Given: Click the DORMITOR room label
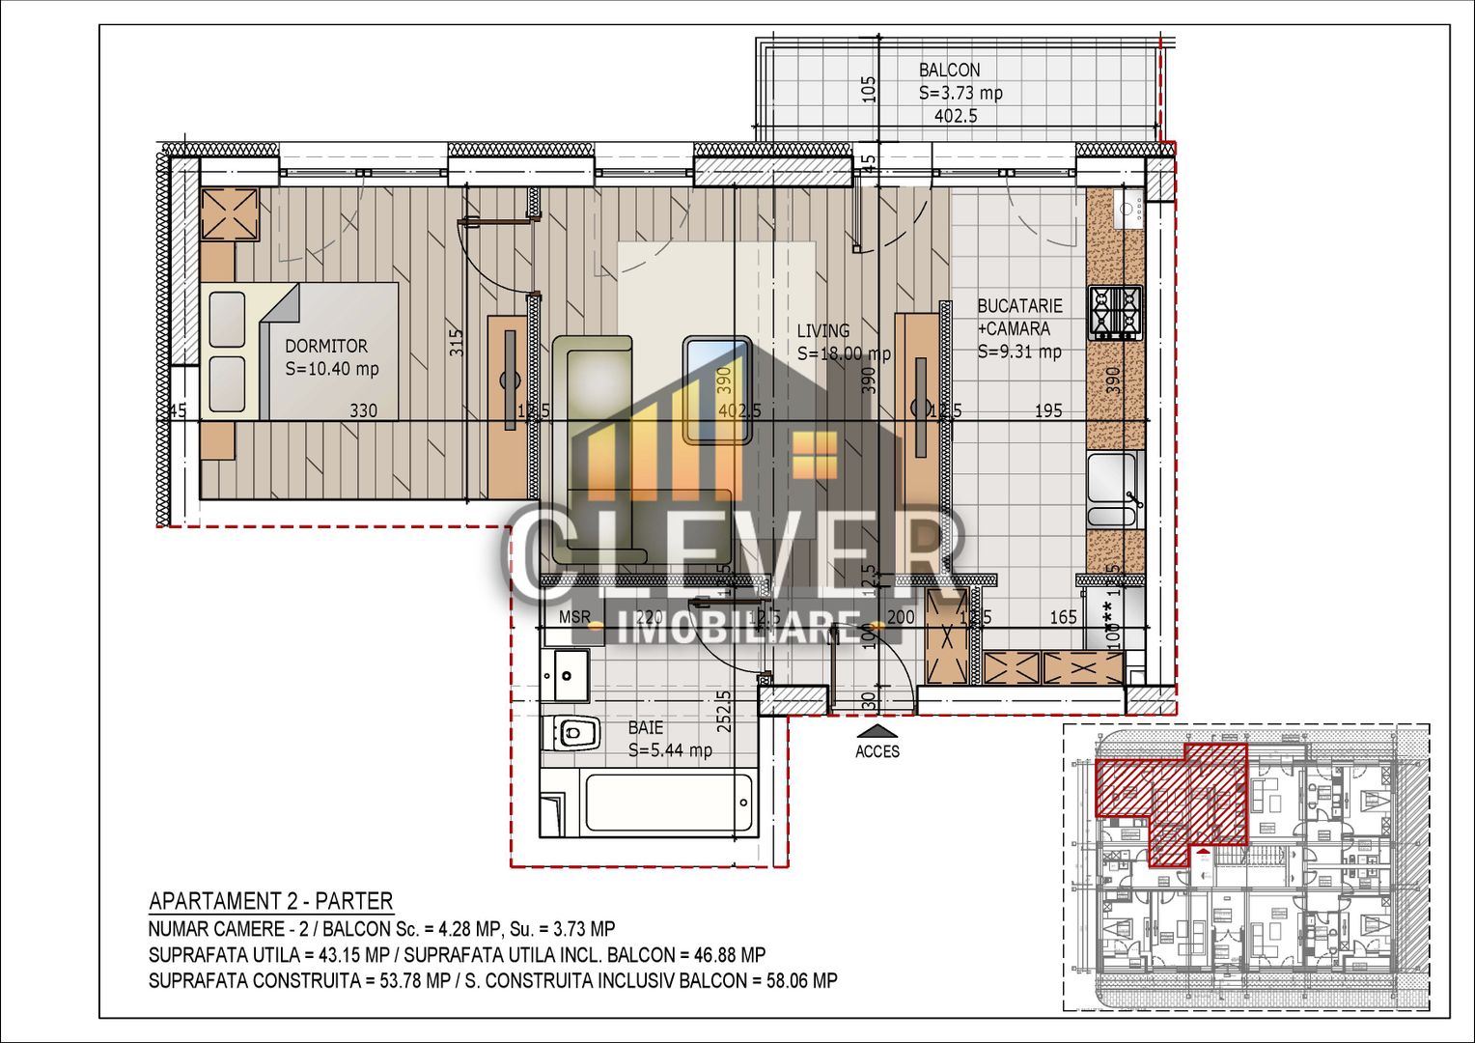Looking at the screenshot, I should point(326,346).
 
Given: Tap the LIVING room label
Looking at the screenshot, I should point(823,331).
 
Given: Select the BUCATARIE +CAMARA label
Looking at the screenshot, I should point(1019,317).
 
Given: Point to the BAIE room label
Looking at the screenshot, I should point(646,727).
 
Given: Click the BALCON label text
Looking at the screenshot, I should point(949,70).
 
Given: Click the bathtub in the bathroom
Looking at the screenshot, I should point(667,803).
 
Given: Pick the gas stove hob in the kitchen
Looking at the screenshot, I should point(1115,312).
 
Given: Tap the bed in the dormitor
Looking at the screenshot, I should point(301,351).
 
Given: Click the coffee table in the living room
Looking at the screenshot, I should point(717,389).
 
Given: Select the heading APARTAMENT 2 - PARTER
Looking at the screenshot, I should point(270,901).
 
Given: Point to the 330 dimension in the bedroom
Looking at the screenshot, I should point(363,410).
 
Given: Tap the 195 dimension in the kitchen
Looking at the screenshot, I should point(1048,410).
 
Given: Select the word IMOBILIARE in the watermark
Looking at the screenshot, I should point(739,629).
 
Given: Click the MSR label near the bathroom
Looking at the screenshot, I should point(574,617).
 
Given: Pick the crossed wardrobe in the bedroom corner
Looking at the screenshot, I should point(230,214).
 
